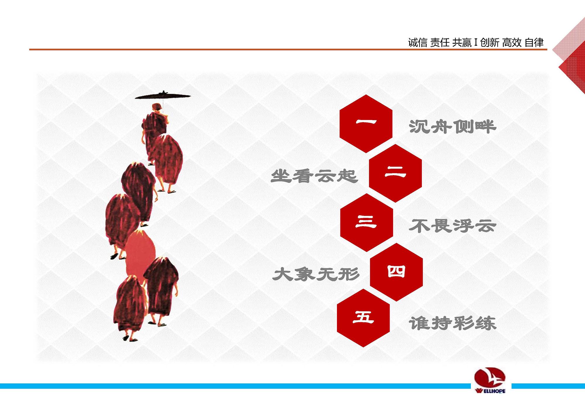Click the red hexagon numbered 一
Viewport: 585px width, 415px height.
pyautogui.click(x=366, y=124)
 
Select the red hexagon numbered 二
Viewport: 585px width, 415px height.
pyautogui.click(x=395, y=173)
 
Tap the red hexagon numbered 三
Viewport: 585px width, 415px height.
pyautogui.click(x=367, y=222)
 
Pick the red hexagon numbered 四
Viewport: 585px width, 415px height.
pyautogui.click(x=396, y=272)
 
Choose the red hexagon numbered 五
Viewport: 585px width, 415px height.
pyautogui.click(x=363, y=318)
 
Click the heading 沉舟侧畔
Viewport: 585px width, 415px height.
pyautogui.click(x=452, y=127)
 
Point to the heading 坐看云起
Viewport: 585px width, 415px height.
pyautogui.click(x=314, y=176)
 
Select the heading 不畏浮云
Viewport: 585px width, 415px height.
pyautogui.click(x=452, y=226)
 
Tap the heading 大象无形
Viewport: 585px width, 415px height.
pyautogui.click(x=316, y=275)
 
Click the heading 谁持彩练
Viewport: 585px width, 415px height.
pyautogui.click(x=452, y=323)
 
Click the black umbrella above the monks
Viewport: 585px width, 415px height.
pyautogui.click(x=163, y=95)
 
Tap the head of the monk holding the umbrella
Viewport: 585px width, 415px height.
pyautogui.click(x=157, y=107)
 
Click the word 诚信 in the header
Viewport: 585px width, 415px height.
pyautogui.click(x=418, y=43)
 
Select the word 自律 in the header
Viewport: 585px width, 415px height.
pyautogui.click(x=534, y=43)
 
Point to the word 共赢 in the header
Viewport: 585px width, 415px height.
pyautogui.click(x=462, y=43)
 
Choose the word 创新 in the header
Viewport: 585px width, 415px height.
pyautogui.click(x=490, y=43)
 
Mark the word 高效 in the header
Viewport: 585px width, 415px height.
pyautogui.click(x=512, y=43)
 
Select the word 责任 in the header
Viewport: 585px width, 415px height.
pyautogui.click(x=440, y=43)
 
